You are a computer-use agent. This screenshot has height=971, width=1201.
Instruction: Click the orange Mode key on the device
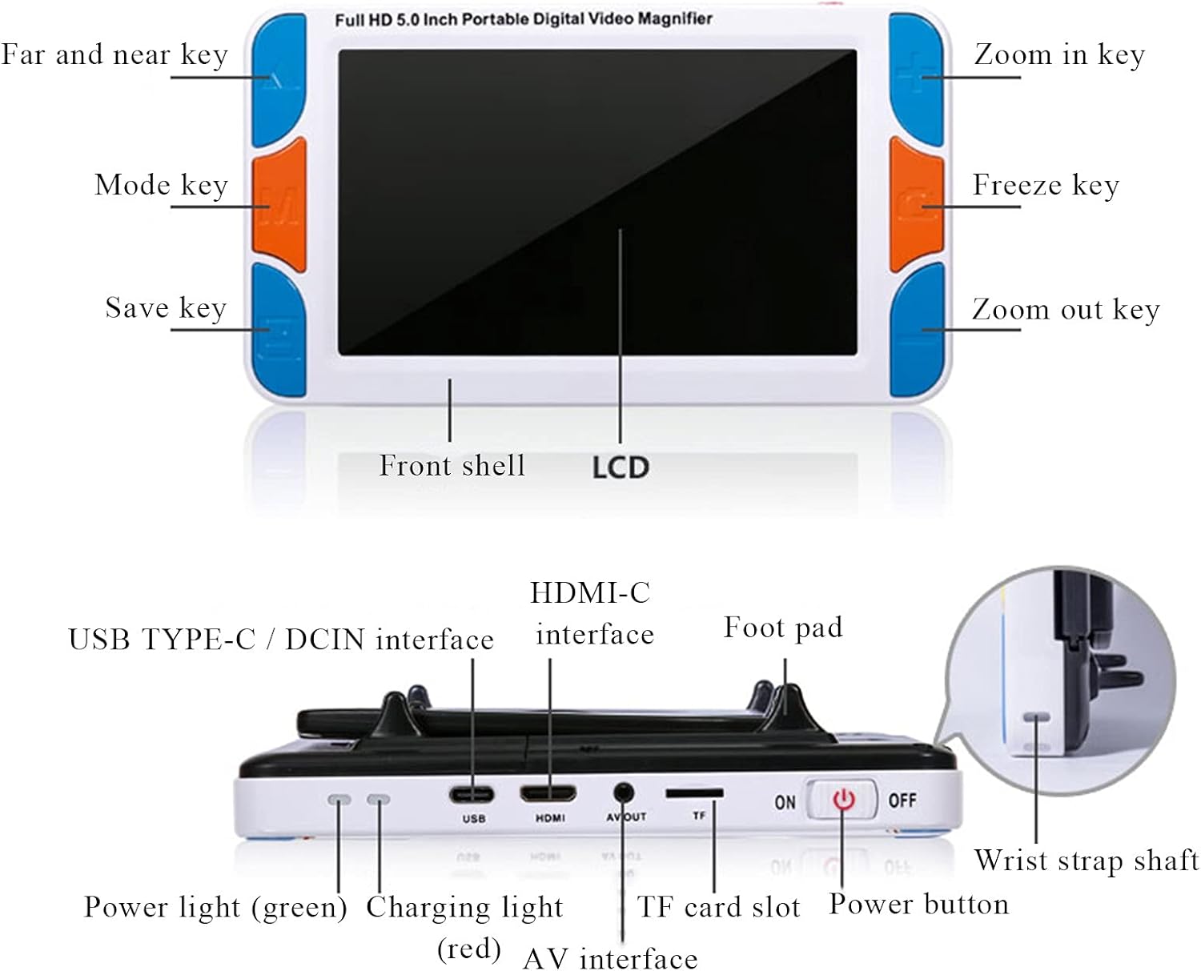coord(279,205)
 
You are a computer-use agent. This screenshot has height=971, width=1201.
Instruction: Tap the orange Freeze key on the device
coord(916,205)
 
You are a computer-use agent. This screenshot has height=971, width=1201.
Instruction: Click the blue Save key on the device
coord(279,330)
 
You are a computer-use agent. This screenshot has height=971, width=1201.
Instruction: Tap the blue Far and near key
coord(279,80)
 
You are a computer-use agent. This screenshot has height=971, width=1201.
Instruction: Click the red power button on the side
coord(843,799)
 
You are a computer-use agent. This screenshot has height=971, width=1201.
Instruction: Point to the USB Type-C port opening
coord(472,795)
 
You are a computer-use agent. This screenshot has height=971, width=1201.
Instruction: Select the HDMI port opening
coord(548,794)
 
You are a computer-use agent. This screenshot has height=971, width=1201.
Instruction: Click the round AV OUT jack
coord(623,792)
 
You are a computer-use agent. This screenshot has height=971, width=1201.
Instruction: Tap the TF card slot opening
coord(694,793)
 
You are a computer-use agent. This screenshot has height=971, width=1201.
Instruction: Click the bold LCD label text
coord(621,467)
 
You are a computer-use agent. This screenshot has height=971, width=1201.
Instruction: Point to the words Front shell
coord(452,466)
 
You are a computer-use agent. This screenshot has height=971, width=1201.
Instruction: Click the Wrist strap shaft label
coord(1087,861)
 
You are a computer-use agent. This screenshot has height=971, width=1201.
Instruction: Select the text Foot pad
coord(783,628)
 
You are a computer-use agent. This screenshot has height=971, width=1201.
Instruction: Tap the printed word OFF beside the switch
coord(902,800)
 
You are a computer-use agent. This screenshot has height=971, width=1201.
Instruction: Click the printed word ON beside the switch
coord(785,802)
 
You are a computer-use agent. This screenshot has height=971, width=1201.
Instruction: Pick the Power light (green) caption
coord(215,908)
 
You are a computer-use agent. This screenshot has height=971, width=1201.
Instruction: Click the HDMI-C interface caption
coord(592,613)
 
